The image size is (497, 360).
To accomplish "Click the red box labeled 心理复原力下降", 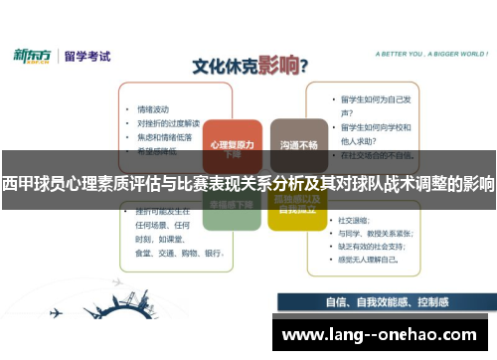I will (x=232, y=147).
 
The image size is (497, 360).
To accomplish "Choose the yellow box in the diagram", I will (x=297, y=207).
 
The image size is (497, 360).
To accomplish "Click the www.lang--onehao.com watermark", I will (x=379, y=333).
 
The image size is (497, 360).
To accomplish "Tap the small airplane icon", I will (x=56, y=311).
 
